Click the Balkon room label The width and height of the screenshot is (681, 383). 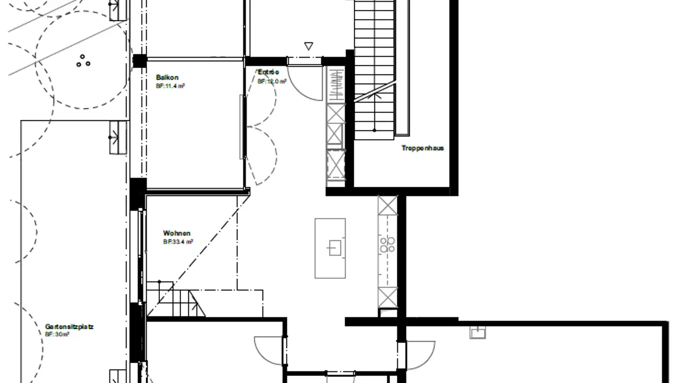(x=167, y=78)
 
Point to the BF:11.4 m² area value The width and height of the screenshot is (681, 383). (x=170, y=86)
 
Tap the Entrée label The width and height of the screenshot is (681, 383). (x=268, y=72)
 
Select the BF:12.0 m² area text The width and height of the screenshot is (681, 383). (x=272, y=81)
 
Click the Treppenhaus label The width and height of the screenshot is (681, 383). (x=423, y=148)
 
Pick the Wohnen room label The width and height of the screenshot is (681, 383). (x=177, y=233)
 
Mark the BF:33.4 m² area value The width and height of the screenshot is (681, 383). (x=178, y=242)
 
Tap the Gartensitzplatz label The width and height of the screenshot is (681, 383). (x=69, y=327)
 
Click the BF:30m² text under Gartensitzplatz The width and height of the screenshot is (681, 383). (x=57, y=334)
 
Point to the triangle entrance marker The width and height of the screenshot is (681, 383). (x=309, y=46)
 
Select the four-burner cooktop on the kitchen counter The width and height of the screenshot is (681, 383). (x=388, y=244)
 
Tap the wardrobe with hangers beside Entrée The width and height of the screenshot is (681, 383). (x=336, y=84)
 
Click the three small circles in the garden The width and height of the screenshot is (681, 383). (x=83, y=61)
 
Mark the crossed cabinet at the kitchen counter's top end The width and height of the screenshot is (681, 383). (x=388, y=205)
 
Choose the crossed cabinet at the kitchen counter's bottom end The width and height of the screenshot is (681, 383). (x=388, y=297)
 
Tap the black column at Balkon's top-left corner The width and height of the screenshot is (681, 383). (x=140, y=61)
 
